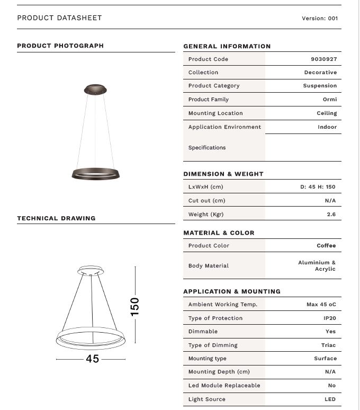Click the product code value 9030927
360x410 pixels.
(x=323, y=59)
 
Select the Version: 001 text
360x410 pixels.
(x=320, y=18)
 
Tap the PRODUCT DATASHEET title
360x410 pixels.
(x=59, y=18)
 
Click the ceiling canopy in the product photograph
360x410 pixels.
(x=95, y=90)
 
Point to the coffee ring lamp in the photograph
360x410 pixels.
(x=96, y=173)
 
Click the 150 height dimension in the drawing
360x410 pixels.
(x=135, y=306)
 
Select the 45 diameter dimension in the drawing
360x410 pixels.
(x=92, y=359)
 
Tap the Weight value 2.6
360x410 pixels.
(x=331, y=215)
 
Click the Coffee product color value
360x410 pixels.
(x=326, y=246)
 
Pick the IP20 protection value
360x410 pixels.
(x=329, y=318)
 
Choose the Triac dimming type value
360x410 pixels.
(x=328, y=345)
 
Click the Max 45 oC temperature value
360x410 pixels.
(x=321, y=305)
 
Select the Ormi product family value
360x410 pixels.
(x=330, y=100)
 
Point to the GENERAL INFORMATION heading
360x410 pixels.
(x=227, y=47)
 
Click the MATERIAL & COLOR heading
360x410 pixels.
(x=219, y=233)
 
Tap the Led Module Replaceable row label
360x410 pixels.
(x=224, y=386)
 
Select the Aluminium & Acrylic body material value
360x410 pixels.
(x=317, y=266)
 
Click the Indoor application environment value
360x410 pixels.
(x=327, y=127)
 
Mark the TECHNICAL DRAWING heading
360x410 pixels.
(x=56, y=218)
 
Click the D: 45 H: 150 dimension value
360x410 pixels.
(x=318, y=187)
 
